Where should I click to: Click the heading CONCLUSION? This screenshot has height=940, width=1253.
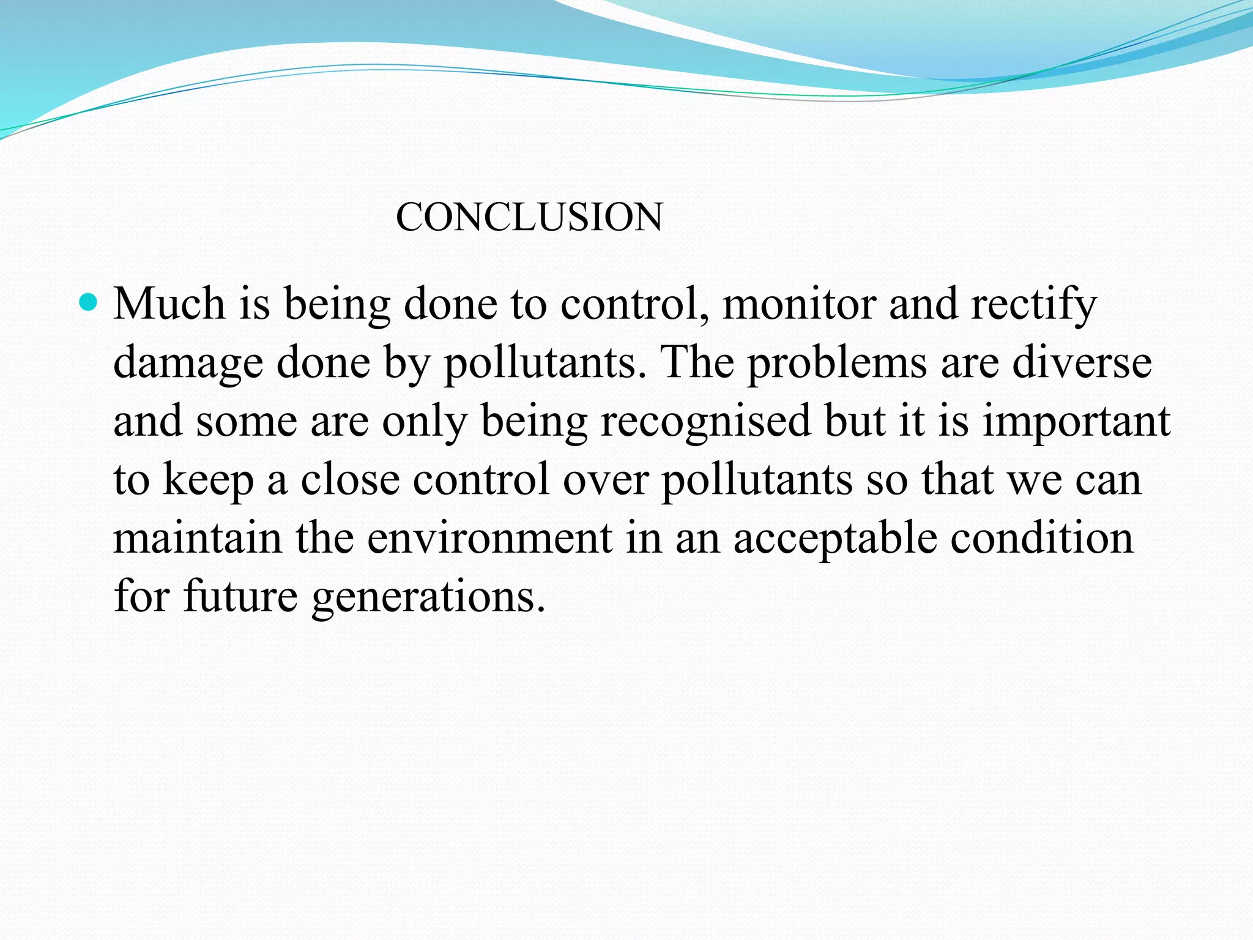click(x=529, y=217)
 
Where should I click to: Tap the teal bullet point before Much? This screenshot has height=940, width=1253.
click(x=89, y=302)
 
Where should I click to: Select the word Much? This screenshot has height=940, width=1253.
click(x=169, y=304)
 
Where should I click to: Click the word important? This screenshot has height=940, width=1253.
click(x=1076, y=422)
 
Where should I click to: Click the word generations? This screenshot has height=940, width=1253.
click(x=428, y=599)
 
